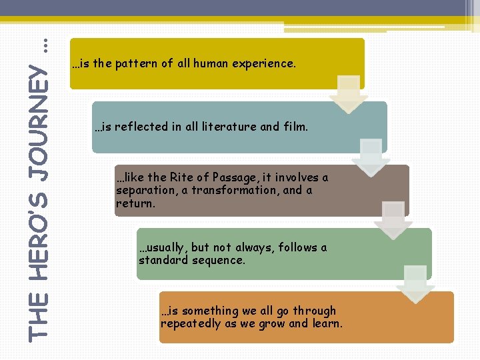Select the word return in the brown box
click(x=135, y=203)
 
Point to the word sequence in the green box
click(x=219, y=260)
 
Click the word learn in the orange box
click(x=327, y=323)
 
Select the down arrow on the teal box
click(x=371, y=157)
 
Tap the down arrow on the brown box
click(x=393, y=221)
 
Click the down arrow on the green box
click(x=415, y=284)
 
